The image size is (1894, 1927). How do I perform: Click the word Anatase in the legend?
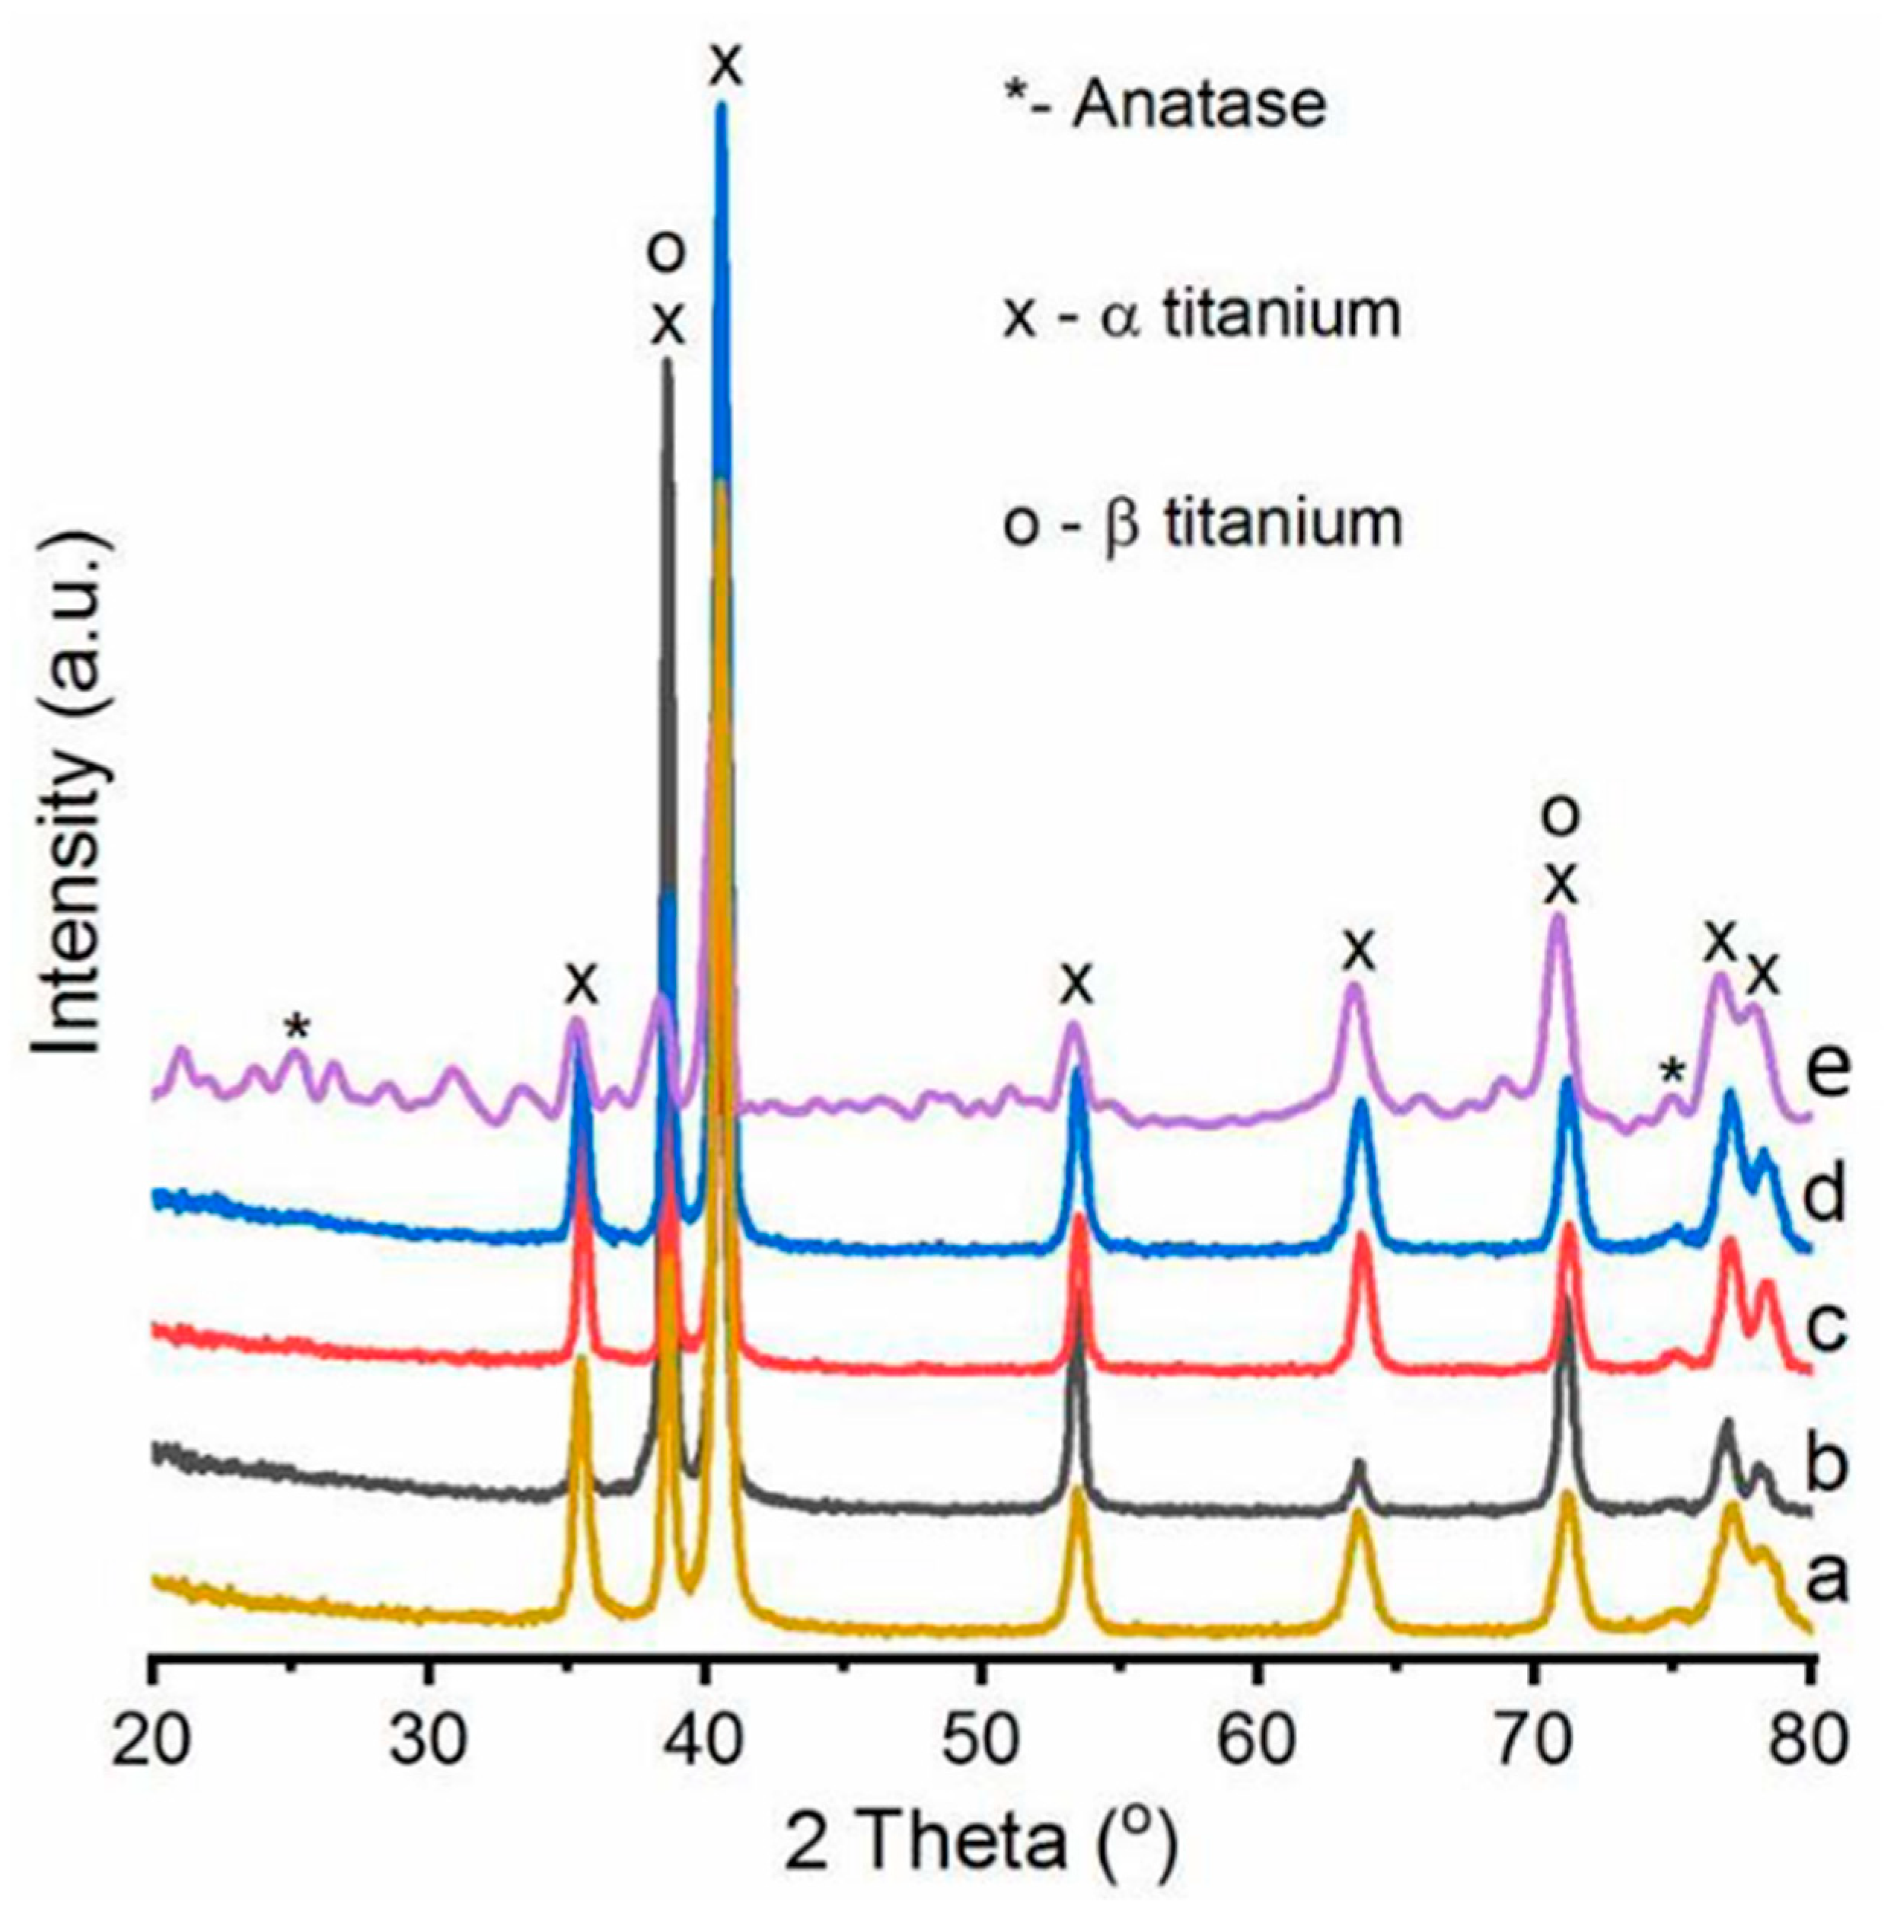(1199, 104)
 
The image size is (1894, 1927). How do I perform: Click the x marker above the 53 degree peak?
(1076, 985)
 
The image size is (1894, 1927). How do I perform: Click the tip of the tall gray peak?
(668, 362)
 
